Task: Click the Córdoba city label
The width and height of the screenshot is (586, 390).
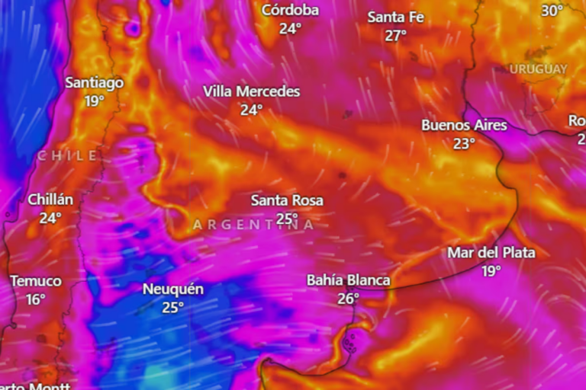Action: [290, 10]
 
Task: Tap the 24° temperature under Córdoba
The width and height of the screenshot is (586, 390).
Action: [290, 29]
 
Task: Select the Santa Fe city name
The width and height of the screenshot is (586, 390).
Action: [395, 17]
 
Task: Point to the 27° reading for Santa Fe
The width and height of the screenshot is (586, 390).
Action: [395, 36]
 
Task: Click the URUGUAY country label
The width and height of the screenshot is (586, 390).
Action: [539, 69]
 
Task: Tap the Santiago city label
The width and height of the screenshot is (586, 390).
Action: [94, 82]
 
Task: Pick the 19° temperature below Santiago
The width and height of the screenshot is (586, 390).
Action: [94, 101]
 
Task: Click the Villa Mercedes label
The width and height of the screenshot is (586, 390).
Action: [252, 91]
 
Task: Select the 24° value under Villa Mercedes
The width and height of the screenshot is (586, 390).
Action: [252, 110]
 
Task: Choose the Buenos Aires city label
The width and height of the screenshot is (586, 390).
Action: [464, 125]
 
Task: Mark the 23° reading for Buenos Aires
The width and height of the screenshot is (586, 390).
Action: [464, 143]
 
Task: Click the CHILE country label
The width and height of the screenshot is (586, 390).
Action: [68, 156]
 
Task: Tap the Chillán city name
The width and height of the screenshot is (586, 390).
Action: [51, 200]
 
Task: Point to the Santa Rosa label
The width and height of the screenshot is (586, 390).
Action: [287, 201]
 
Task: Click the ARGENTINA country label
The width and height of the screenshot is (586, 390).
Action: [253, 225]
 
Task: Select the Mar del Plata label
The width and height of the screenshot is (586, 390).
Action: [491, 252]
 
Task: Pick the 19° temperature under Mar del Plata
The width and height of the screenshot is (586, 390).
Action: [491, 271]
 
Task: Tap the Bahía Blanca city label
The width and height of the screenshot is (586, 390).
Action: [348, 280]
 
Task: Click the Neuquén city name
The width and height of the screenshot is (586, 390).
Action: [173, 289]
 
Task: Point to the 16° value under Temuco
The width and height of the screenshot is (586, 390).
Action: [36, 300]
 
